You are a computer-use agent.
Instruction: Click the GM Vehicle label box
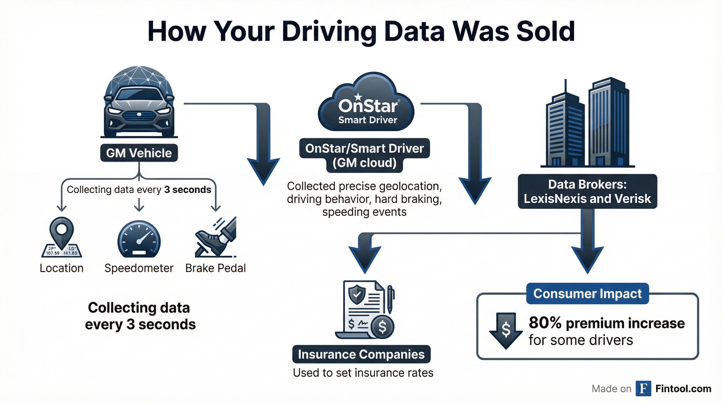click(x=139, y=153)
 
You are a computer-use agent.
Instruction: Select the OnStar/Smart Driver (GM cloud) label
click(x=364, y=156)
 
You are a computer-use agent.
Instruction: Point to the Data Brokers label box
click(x=587, y=192)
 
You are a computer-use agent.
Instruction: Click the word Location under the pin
click(x=61, y=268)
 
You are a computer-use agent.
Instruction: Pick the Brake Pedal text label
click(x=215, y=268)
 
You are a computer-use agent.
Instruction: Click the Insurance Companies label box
click(x=361, y=354)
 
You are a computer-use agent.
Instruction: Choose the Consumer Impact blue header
click(x=587, y=294)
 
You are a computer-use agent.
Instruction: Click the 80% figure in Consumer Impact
click(x=545, y=323)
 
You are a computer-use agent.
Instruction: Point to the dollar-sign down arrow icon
click(x=506, y=330)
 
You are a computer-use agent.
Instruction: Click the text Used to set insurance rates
click(x=363, y=373)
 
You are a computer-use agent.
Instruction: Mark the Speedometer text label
click(x=139, y=268)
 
